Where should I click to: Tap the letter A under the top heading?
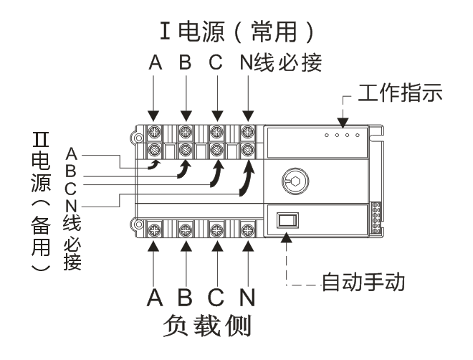pyautogui.click(x=153, y=65)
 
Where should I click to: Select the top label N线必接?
pyautogui.click(x=279, y=65)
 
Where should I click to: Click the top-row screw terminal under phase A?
pyautogui.click(x=153, y=131)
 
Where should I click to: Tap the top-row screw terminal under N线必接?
pyautogui.click(x=248, y=131)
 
